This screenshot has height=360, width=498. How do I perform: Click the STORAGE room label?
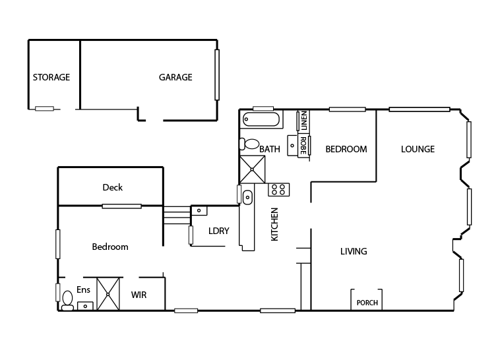[51, 78]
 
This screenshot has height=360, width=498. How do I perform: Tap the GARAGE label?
[175, 78]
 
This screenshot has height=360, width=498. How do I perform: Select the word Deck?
[112, 188]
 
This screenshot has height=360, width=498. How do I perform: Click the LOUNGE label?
[418, 150]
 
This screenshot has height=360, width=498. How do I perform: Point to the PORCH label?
[367, 303]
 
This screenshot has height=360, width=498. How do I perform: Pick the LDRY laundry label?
[218, 231]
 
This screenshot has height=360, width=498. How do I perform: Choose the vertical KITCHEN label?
[275, 224]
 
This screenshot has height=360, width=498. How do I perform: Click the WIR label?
[139, 295]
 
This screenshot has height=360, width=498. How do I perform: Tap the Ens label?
[83, 290]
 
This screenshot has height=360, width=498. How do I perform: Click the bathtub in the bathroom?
[262, 120]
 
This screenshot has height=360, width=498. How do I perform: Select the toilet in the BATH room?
[251, 144]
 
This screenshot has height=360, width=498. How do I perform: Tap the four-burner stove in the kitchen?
[278, 190]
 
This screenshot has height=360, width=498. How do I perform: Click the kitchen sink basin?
[248, 196]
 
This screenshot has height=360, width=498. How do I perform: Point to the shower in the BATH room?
[252, 169]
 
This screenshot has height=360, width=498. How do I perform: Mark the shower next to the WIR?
[109, 294]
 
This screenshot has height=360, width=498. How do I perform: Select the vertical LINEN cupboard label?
[304, 121]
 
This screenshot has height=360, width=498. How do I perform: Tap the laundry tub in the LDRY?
[199, 210]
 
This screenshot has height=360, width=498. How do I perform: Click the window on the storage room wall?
[44, 109]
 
